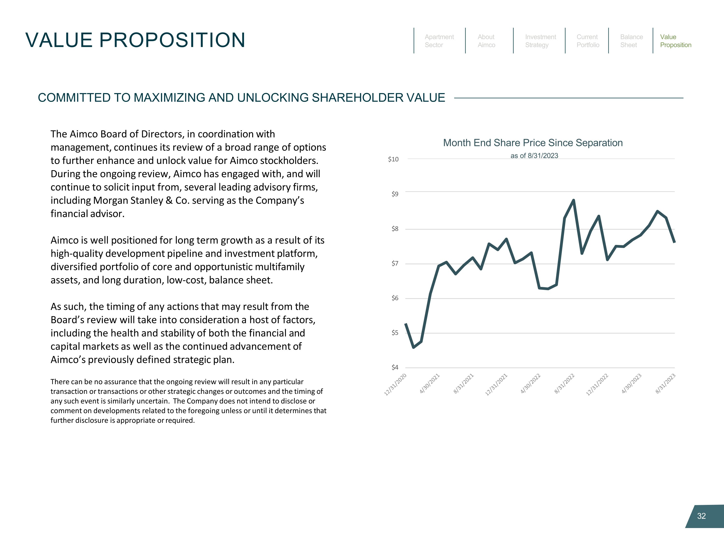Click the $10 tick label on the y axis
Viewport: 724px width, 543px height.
(393, 159)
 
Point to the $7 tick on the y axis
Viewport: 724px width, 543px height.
(395, 264)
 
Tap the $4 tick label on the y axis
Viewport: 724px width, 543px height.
(395, 368)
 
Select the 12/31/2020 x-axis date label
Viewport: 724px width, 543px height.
(395, 385)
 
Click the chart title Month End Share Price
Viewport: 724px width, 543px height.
(533, 143)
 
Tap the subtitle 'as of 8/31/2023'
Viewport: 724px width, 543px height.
(534, 156)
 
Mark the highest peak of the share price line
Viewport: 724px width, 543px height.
(573, 200)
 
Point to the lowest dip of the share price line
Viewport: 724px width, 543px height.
(414, 347)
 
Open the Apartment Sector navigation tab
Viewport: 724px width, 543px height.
(439, 41)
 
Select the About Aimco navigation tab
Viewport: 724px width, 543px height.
(486, 41)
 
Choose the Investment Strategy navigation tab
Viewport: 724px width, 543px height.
(540, 41)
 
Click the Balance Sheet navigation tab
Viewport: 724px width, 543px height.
(631, 41)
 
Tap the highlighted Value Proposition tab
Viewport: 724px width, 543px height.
(675, 41)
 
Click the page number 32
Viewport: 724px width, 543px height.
(701, 516)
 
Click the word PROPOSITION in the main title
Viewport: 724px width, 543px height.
(172, 40)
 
